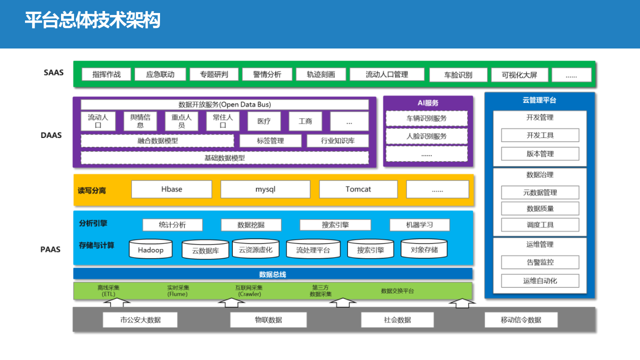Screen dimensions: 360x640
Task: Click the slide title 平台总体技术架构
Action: point(92,21)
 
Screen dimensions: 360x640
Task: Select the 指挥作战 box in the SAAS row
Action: point(106,74)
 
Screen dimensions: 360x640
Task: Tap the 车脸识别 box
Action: point(458,75)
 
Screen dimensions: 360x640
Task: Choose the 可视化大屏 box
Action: point(519,75)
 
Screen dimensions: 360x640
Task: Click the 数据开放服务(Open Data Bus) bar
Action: point(224,104)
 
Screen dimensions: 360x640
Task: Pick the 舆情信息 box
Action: point(140,121)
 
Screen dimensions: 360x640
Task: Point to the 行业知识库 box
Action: point(337,141)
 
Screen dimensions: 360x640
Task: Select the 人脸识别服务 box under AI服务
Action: point(426,136)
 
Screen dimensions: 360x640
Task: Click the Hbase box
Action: point(171,189)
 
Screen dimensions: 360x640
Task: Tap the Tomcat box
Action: point(358,189)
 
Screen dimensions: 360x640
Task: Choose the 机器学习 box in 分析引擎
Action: point(419,225)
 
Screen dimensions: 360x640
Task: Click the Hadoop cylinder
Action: point(150,249)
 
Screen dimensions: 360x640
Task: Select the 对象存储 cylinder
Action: point(424,249)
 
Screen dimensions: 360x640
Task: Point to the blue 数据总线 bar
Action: point(272,274)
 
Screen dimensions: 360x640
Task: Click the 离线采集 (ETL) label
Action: point(108,291)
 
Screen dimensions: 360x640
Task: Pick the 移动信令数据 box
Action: point(520,320)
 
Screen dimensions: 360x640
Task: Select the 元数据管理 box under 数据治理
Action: point(540,192)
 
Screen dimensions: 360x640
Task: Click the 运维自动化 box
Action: point(540,281)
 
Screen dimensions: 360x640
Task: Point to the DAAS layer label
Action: point(51,135)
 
